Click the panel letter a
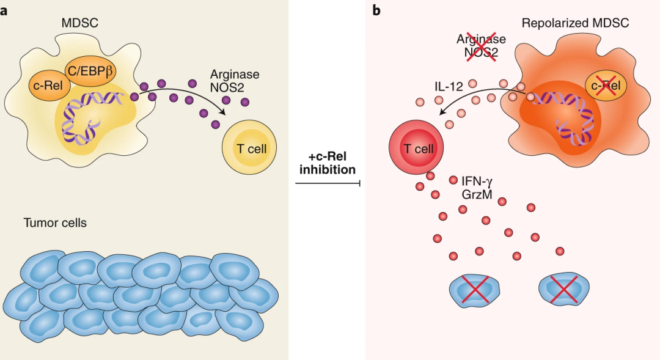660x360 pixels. (x=4, y=10)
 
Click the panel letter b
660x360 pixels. (x=376, y=10)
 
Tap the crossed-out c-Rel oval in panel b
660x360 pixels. (x=606, y=85)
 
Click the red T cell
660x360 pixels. (x=417, y=147)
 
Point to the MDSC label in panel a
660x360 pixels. (x=79, y=23)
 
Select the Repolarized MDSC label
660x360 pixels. (x=575, y=24)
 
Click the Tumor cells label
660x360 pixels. (x=55, y=222)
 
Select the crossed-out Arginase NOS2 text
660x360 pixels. (x=481, y=46)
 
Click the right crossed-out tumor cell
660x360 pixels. (x=563, y=288)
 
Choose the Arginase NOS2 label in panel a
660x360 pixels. (x=235, y=81)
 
